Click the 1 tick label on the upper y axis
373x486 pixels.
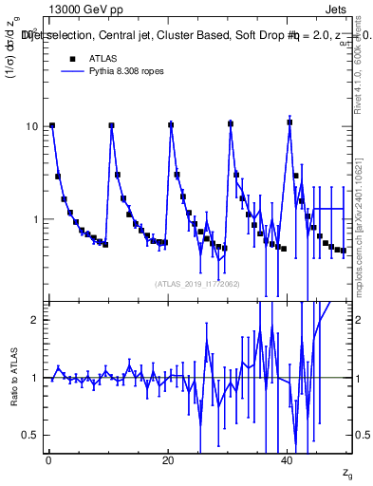coord(35,219)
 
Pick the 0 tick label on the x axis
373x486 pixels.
coord(48,460)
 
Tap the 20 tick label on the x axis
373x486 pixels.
coord(168,460)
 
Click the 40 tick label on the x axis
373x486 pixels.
coord(288,460)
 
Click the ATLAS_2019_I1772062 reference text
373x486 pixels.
coord(196,283)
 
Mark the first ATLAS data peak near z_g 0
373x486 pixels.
coord(52,125)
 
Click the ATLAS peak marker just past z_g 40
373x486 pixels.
coord(289,122)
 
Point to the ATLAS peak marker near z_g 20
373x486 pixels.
coord(171,125)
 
